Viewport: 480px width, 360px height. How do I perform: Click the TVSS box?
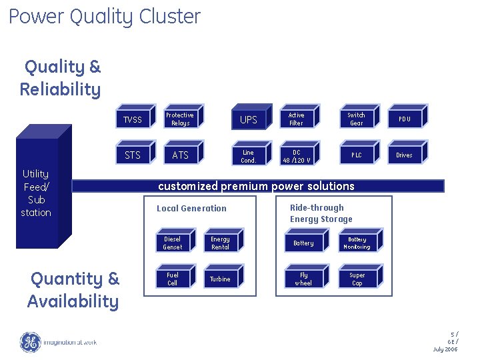click(133, 120)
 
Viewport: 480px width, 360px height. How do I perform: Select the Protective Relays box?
click(180, 119)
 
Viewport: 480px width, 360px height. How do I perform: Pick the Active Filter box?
click(296, 119)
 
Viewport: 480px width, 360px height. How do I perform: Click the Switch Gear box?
click(357, 119)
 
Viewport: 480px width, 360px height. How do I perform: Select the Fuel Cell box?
click(173, 279)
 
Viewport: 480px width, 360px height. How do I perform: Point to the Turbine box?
click(220, 279)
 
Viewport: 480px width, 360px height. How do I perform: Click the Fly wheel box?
click(303, 279)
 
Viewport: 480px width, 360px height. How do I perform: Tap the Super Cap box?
click(357, 279)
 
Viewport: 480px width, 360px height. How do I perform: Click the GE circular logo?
click(30, 342)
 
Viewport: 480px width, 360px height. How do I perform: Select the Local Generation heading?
click(191, 209)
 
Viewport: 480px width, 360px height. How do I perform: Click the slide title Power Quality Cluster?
click(105, 16)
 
